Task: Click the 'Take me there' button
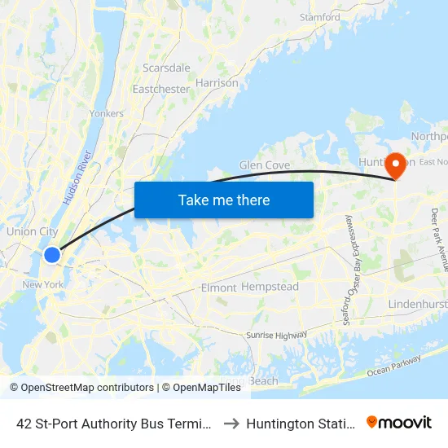click(x=224, y=200)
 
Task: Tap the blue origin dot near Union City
click(x=51, y=255)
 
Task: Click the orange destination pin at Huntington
click(x=397, y=166)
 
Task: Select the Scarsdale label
click(x=166, y=68)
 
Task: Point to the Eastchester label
click(x=160, y=89)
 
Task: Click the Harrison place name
click(x=217, y=83)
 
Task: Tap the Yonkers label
click(x=108, y=114)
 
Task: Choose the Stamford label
click(x=319, y=17)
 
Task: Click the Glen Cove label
click(x=264, y=165)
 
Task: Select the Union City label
click(x=32, y=232)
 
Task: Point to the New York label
click(x=42, y=284)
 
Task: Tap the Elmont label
click(x=218, y=288)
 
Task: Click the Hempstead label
click(x=271, y=287)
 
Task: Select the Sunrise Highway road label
click(x=277, y=335)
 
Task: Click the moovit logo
click(x=399, y=423)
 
